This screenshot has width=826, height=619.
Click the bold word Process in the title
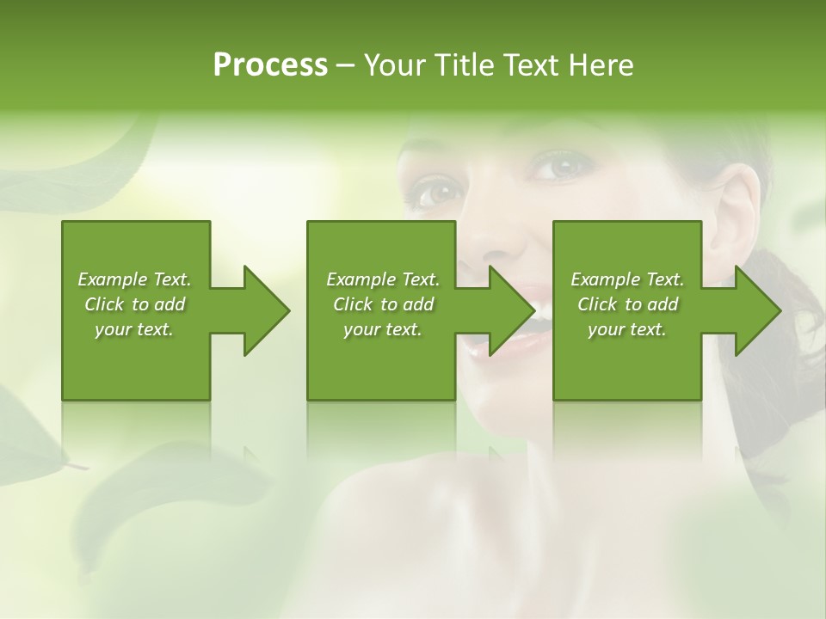[270, 65]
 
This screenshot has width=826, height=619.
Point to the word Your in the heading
[395, 65]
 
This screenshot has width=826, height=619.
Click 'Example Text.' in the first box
[134, 279]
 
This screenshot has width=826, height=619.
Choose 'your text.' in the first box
[134, 329]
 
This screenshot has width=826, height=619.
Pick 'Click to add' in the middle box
[383, 304]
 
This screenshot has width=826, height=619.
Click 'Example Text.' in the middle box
[383, 279]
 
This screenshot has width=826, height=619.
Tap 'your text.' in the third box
[627, 329]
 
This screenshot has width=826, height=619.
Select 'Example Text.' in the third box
[627, 279]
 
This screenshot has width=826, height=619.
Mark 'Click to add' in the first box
[134, 304]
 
